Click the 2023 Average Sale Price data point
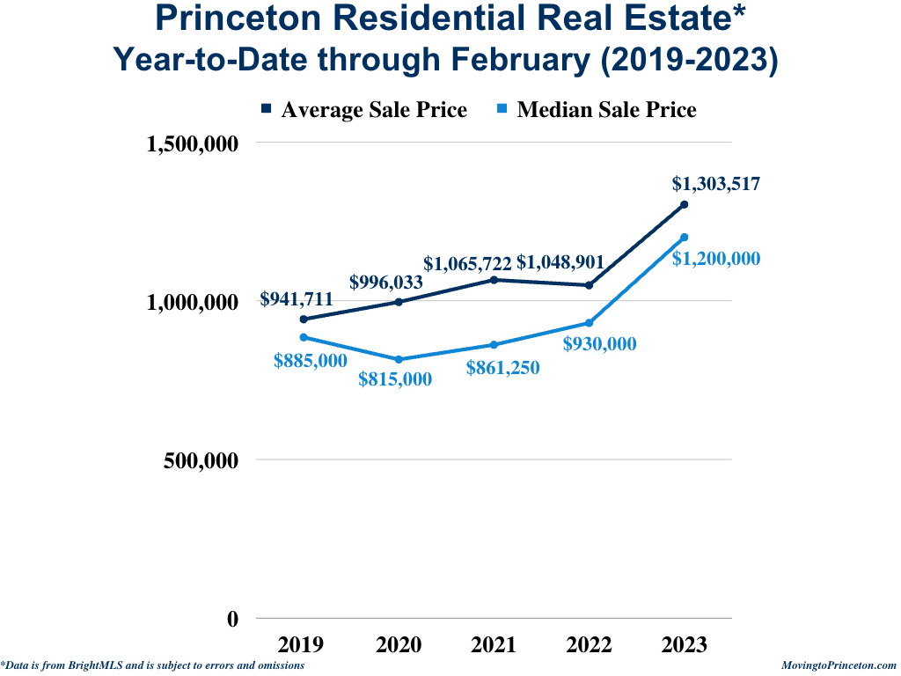[684, 205]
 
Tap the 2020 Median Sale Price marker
[399, 359]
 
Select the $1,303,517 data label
[716, 184]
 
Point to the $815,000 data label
[395, 379]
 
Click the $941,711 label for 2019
[297, 300]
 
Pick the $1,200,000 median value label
[716, 259]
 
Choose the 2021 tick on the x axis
[494, 645]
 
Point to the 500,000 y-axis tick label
[201, 460]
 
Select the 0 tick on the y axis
[232, 619]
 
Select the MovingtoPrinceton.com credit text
[839, 666]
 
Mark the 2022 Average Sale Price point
[589, 285]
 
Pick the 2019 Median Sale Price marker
[304, 337]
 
